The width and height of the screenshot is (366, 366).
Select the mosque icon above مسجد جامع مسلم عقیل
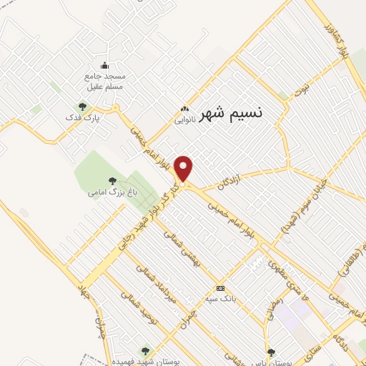pyautogui.click(x=105, y=66)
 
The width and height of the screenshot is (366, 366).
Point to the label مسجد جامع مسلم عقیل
pyautogui.click(x=105, y=81)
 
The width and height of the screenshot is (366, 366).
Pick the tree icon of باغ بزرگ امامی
pyautogui.click(x=112, y=182)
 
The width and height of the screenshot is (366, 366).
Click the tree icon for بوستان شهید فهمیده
pyautogui.click(x=146, y=350)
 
